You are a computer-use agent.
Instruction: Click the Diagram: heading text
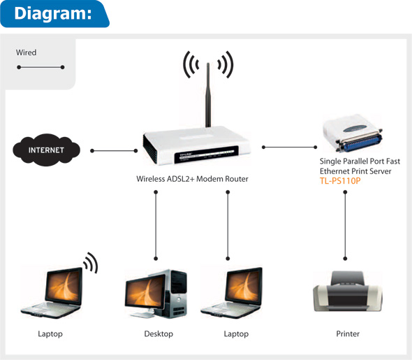(53, 13)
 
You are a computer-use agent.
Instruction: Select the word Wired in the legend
(27, 52)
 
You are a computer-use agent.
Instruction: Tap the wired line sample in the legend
(41, 67)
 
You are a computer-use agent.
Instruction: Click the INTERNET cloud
(46, 150)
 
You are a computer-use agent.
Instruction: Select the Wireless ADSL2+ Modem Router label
(192, 179)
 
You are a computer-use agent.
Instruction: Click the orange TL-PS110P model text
(340, 181)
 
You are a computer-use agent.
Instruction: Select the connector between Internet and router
(114, 150)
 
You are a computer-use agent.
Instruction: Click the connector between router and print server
(290, 147)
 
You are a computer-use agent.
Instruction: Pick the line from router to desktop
(156, 224)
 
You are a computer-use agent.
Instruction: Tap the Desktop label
(159, 334)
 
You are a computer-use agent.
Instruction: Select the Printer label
(348, 334)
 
